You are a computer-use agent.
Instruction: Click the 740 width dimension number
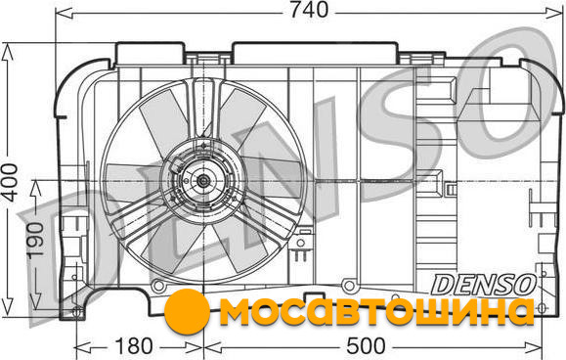(x=309, y=10)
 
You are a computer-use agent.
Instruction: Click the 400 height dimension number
(x=9, y=182)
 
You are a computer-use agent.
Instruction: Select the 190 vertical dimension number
(x=36, y=240)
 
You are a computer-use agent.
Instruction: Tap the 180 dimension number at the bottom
(x=134, y=346)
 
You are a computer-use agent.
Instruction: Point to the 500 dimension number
(x=366, y=346)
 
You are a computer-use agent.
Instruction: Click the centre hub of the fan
(x=203, y=181)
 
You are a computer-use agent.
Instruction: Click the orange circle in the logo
(x=187, y=311)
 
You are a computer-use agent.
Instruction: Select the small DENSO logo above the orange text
(x=484, y=285)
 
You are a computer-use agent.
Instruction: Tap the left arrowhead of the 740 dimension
(x=65, y=14)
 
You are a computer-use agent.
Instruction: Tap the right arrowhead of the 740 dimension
(x=553, y=14)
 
